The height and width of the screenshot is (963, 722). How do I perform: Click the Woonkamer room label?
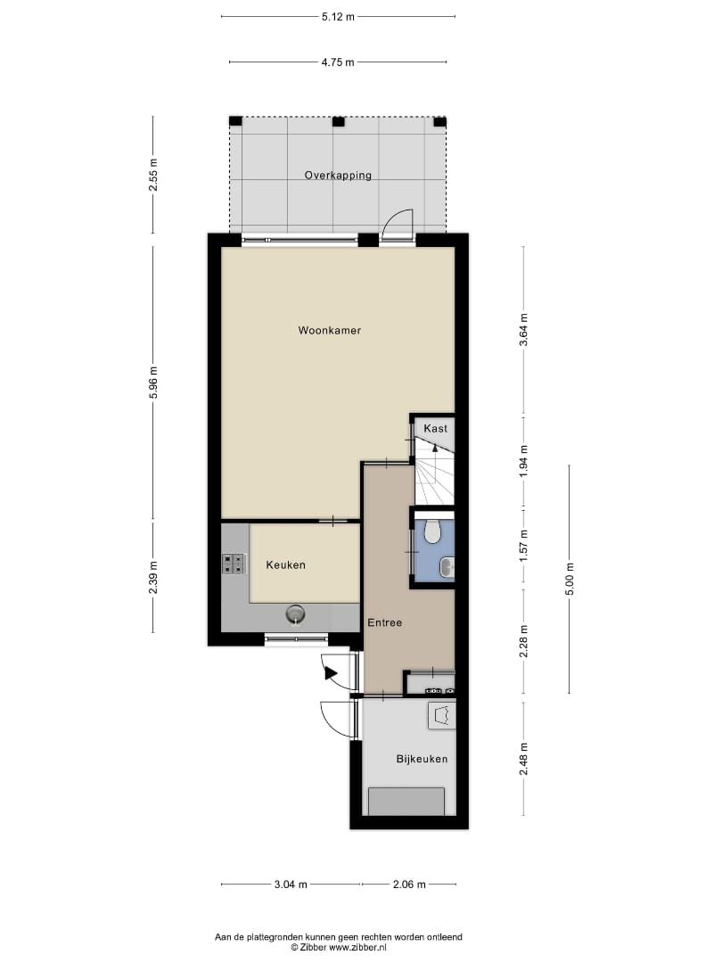(x=329, y=331)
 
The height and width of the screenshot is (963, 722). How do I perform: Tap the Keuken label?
(x=285, y=565)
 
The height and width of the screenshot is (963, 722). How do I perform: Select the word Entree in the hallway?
(x=384, y=622)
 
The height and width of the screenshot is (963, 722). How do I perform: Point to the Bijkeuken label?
(x=422, y=759)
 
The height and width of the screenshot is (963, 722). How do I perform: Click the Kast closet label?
(x=435, y=429)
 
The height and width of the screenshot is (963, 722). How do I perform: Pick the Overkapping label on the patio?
(x=338, y=175)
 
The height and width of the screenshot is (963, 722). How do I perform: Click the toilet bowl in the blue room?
(x=433, y=531)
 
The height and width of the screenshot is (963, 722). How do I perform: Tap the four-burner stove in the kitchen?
(x=234, y=564)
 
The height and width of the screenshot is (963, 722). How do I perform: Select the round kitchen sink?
(x=296, y=614)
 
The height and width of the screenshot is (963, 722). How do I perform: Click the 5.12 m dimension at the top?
(x=338, y=17)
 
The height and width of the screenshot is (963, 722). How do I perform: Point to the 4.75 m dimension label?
(x=338, y=62)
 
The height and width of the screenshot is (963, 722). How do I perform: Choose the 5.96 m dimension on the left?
(x=153, y=383)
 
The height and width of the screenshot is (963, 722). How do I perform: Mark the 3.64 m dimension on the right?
(x=524, y=330)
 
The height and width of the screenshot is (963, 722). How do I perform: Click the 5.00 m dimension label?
(x=569, y=580)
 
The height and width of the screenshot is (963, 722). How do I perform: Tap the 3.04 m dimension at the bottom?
(x=291, y=885)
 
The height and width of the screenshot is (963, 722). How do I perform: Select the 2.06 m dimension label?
(x=409, y=885)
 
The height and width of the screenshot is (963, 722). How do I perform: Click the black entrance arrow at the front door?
(x=331, y=674)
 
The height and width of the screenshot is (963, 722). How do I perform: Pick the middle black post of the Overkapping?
(x=339, y=121)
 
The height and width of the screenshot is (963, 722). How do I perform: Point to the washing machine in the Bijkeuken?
(x=442, y=715)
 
